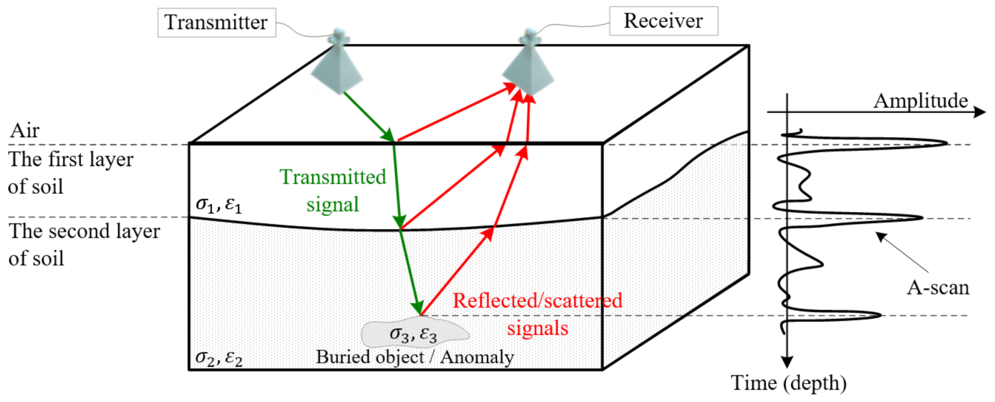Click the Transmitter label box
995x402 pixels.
pyautogui.click(x=216, y=23)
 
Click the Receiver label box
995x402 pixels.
pyautogui.click(x=663, y=21)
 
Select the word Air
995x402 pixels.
pyautogui.click(x=25, y=131)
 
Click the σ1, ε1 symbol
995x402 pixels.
pyautogui.click(x=219, y=204)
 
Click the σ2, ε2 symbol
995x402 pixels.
pyautogui.click(x=219, y=357)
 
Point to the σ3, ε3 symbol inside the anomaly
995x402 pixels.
pyautogui.click(x=413, y=334)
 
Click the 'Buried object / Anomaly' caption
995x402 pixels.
pyautogui.click(x=414, y=357)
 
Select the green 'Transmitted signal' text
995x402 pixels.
pyautogui.click(x=333, y=190)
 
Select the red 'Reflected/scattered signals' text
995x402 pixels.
pyautogui.click(x=537, y=314)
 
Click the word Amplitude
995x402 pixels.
pyautogui.click(x=920, y=101)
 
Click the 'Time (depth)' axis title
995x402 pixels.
pyautogui.click(x=788, y=383)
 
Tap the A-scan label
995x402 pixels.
pyautogui.click(x=938, y=288)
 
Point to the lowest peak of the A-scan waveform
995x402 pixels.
pyautogui.click(x=879, y=315)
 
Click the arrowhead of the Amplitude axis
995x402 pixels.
pyautogui.click(x=980, y=112)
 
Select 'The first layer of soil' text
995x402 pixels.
pyautogui.click(x=70, y=173)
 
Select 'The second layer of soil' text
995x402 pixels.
pyautogui.click(x=84, y=245)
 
